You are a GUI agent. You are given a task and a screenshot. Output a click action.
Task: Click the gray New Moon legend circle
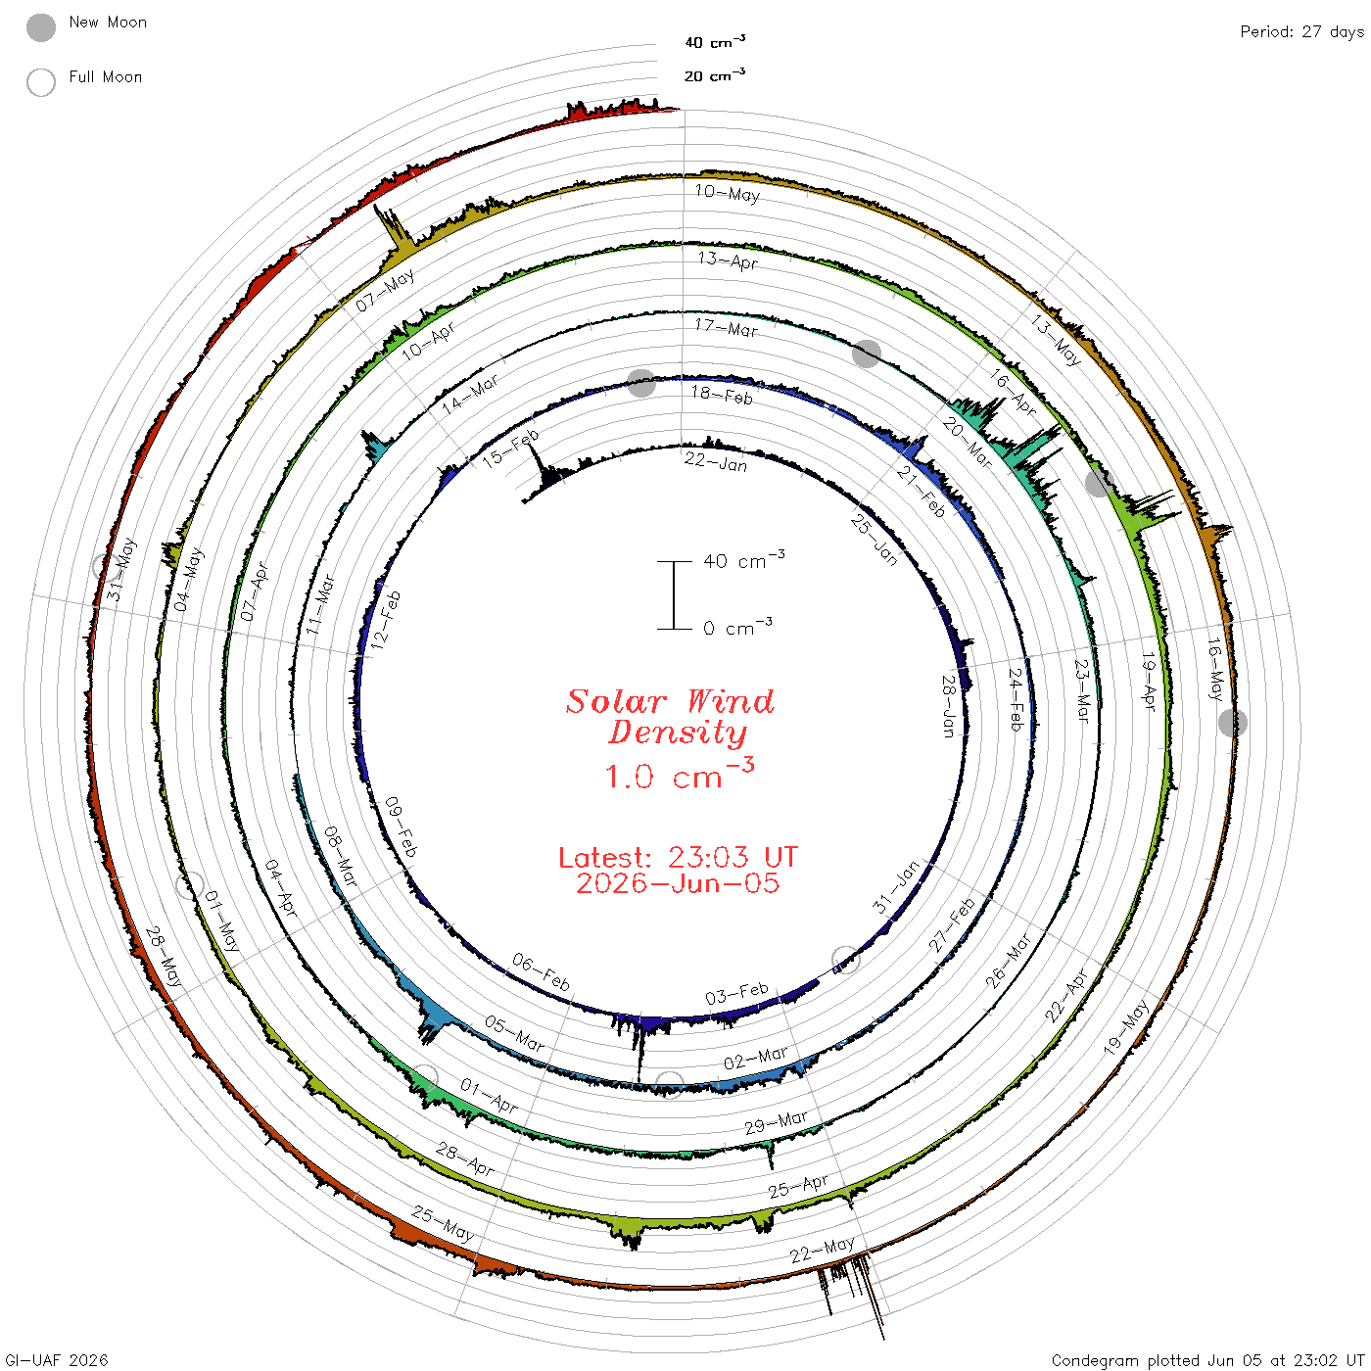tap(40, 27)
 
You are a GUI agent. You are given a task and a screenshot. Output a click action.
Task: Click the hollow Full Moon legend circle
tap(40, 82)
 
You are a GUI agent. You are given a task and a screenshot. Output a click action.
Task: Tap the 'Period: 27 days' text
tap(1301, 32)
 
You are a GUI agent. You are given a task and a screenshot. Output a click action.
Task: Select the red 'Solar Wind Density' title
tap(670, 717)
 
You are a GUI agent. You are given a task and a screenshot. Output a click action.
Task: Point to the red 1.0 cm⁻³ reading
tap(679, 775)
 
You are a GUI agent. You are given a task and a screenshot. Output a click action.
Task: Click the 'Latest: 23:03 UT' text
tap(678, 857)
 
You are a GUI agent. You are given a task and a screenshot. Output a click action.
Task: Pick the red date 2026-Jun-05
tap(678, 883)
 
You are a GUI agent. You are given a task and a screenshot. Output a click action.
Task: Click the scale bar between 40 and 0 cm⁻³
tap(674, 595)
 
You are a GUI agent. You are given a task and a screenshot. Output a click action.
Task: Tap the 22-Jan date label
tap(715, 462)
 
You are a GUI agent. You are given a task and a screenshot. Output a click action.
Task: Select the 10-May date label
tap(728, 193)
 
